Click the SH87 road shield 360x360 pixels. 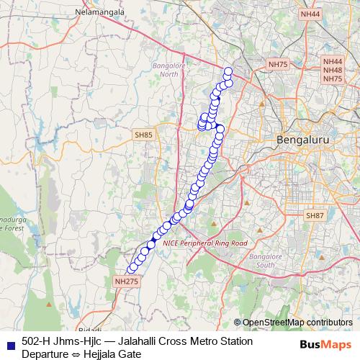(315, 215)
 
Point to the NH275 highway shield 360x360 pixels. (127, 282)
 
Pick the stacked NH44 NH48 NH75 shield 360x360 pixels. (333, 71)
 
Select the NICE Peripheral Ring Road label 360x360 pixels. (205, 243)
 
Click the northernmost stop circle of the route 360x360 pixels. (228, 71)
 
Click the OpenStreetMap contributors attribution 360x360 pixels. (297, 323)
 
